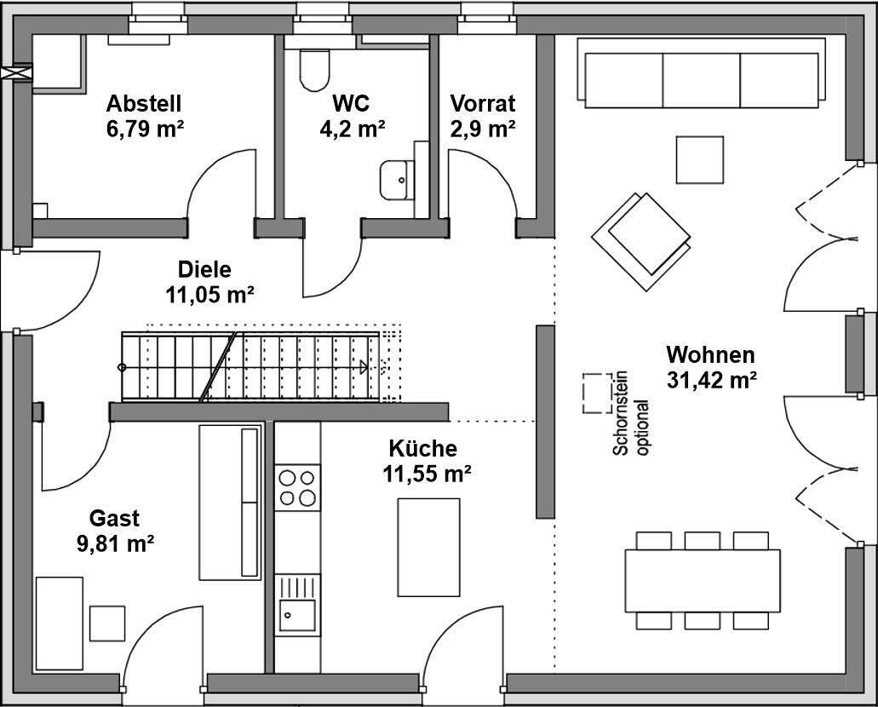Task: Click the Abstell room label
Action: [x=144, y=104]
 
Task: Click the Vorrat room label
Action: [x=483, y=104]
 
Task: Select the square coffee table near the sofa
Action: [x=699, y=159]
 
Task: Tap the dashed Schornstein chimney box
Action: [x=597, y=394]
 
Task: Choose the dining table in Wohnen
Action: [x=702, y=580]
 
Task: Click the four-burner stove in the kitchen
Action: [x=297, y=487]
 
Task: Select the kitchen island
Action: [x=428, y=548]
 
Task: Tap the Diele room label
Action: [x=204, y=270]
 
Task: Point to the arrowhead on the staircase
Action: [x=364, y=367]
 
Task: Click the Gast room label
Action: [x=114, y=519]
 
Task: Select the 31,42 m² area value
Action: [x=712, y=380]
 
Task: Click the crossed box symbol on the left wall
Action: [x=16, y=73]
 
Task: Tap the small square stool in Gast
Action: [x=107, y=624]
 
